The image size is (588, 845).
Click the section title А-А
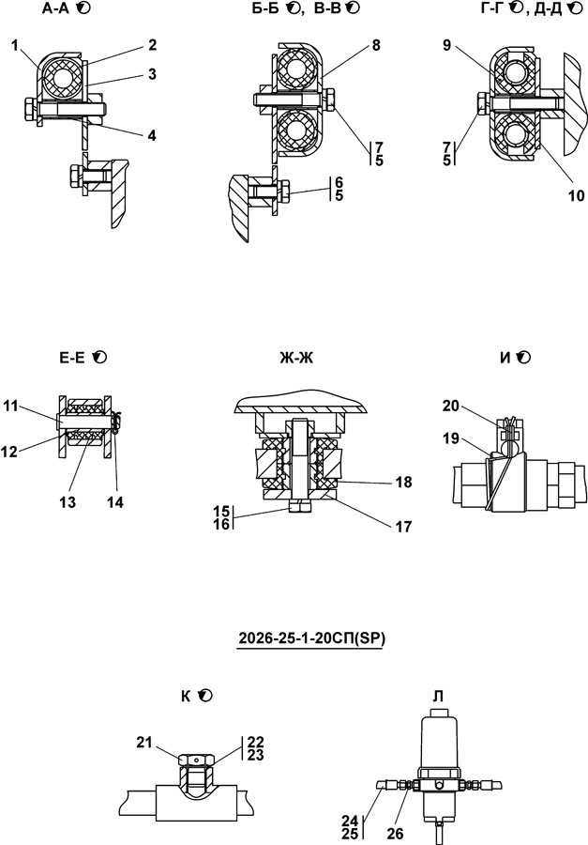coord(55,8)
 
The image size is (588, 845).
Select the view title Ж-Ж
coord(296,358)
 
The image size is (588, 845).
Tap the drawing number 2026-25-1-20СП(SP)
coord(311,638)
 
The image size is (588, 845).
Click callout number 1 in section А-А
coord(15,46)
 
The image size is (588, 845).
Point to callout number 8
coord(376,46)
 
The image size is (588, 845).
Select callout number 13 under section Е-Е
coord(68,502)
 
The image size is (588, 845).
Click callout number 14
coord(114,502)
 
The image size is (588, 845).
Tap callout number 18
coord(403,482)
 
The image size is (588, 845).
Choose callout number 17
coord(403,527)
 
